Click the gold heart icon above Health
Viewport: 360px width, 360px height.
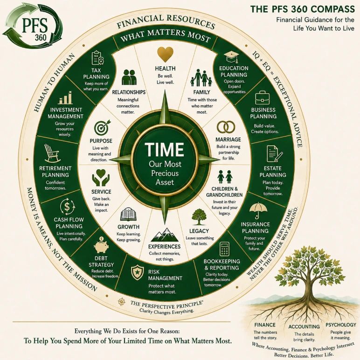165,54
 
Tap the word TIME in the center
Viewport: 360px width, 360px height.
165,150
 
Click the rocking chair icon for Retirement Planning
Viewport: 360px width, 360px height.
52,153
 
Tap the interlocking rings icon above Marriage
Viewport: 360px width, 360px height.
226,127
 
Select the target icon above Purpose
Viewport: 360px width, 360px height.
102,128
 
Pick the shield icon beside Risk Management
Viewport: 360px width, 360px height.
137,272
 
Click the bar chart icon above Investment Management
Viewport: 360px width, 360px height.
66,97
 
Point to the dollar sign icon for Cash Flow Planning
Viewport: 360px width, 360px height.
67,206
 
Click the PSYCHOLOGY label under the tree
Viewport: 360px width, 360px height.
341,325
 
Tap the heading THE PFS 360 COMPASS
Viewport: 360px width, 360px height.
303,9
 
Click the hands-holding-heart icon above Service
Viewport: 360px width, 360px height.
101,177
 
